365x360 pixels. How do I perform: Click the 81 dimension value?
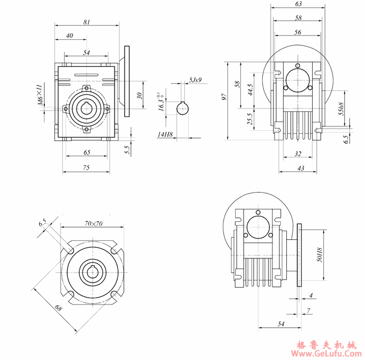[87, 22]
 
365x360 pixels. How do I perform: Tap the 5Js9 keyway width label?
[195, 80]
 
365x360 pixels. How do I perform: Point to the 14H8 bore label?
[166, 134]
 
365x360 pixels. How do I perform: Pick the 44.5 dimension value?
[250, 90]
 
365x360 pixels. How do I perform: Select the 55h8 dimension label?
[341, 109]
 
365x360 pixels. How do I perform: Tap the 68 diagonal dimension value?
[59, 308]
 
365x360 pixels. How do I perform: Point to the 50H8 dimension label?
[319, 256]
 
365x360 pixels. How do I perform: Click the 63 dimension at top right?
[298, 4]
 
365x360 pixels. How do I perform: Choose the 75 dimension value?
[87, 167]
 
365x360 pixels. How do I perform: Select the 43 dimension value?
[300, 168]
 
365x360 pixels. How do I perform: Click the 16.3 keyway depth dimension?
[161, 103]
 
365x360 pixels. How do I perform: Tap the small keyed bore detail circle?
[182, 108]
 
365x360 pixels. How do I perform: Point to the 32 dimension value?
[298, 153]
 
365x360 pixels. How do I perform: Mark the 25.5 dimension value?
[250, 119]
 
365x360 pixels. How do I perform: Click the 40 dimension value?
[70, 36]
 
